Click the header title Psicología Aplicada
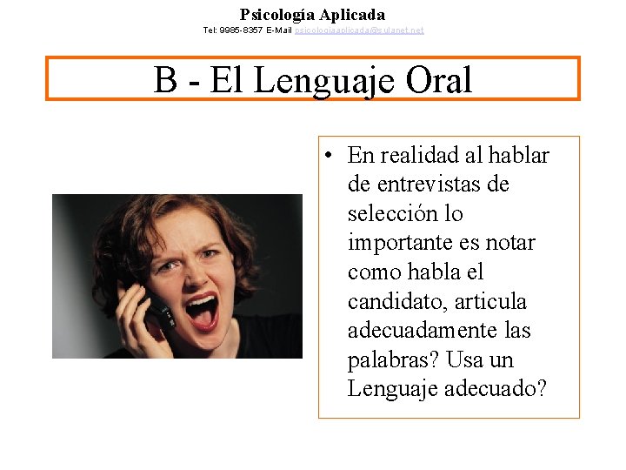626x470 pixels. tap(312, 15)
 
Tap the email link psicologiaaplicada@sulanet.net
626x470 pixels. tap(359, 30)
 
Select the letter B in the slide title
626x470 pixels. tap(165, 80)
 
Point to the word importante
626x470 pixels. tap(397, 243)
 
